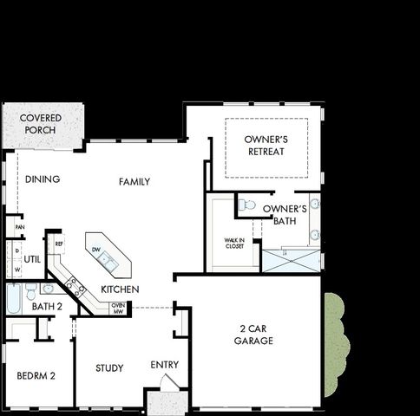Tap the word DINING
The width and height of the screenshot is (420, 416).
tap(42, 180)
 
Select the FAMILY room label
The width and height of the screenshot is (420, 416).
tap(135, 182)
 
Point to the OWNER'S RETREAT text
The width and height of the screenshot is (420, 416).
tap(266, 145)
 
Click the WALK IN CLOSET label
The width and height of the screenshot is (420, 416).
tap(234, 244)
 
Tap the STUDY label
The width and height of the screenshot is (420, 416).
tap(109, 368)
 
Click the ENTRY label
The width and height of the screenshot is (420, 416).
tap(164, 365)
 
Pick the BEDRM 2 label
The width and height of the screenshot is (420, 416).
tap(36, 375)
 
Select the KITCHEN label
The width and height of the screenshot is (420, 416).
tap(120, 289)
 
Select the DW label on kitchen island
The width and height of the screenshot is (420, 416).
tap(97, 250)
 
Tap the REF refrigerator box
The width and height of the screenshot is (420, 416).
tap(58, 244)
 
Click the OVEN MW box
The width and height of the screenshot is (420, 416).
tap(117, 308)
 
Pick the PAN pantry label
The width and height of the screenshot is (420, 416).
tap(18, 227)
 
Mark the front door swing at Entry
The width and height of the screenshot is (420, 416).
tap(170, 383)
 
